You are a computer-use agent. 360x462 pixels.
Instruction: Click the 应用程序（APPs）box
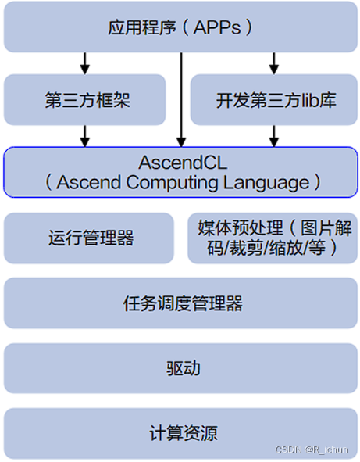pyautogui.click(x=180, y=28)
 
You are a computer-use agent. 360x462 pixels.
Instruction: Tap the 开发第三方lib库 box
pyautogui.click(x=275, y=100)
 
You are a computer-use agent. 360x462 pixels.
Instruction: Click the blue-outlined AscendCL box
pyautogui.click(x=180, y=173)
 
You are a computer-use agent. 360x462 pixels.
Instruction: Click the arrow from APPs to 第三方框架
pyautogui.click(x=85, y=63)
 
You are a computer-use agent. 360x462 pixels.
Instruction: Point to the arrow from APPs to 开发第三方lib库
pyautogui.click(x=273, y=63)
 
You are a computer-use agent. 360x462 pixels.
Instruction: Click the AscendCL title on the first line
pyautogui.click(x=180, y=163)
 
